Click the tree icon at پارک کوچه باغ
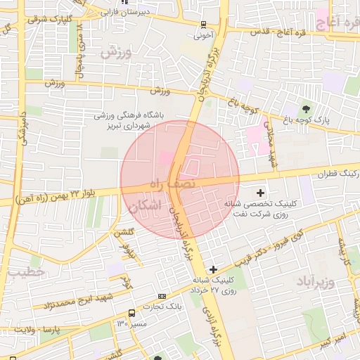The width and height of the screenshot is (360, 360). pos(306,108)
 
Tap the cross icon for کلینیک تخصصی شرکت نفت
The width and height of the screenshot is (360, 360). pos(261,192)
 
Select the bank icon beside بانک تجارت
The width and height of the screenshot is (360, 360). pos(162,296)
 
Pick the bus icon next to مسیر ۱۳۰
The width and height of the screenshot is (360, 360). pos(132,313)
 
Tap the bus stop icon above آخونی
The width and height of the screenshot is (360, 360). pos(203,22)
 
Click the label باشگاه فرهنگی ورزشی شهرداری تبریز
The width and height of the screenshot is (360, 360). pos(129,120)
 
